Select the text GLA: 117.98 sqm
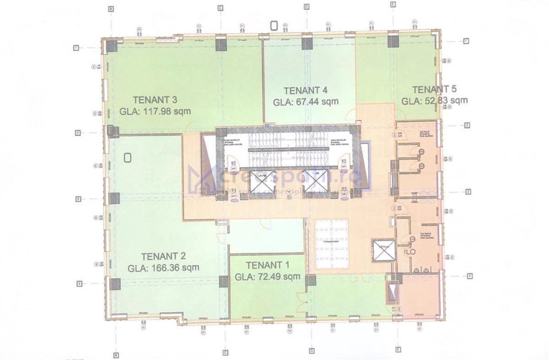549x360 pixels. coord(155,111)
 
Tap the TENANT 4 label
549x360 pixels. coord(306,90)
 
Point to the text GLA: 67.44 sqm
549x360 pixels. coord(306,102)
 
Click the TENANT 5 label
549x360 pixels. coord(434,89)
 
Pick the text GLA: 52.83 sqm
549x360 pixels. coord(434,101)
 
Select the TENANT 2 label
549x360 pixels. coord(163,256)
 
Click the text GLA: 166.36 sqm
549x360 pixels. coord(163,268)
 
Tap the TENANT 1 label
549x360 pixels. coord(268,265)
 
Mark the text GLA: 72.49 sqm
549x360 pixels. coord(268,276)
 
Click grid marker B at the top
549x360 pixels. coord(111,8)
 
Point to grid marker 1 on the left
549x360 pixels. coord(77,47)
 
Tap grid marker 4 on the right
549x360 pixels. coord(469,276)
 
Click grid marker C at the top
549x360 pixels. coord(220,8)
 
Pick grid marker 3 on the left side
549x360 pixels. coord(78,199)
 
